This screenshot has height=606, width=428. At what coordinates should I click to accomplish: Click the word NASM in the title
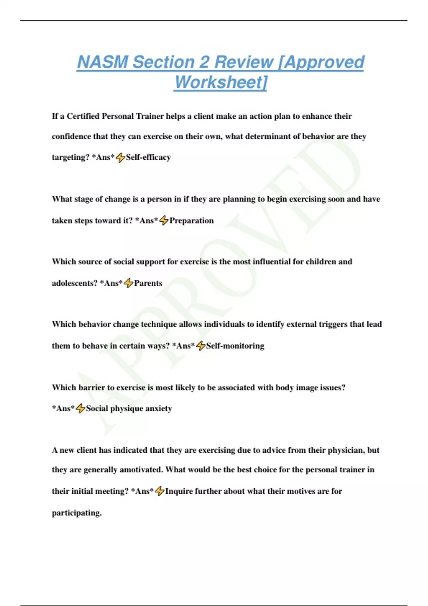(102, 62)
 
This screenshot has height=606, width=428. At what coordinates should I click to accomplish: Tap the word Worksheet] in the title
(220, 82)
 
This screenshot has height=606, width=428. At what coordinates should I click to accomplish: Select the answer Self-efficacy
(148, 157)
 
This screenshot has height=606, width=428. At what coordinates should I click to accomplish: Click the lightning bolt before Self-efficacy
(121, 157)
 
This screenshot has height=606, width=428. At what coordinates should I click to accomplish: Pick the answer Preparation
(192, 221)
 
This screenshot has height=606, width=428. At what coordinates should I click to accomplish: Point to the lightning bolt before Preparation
(164, 221)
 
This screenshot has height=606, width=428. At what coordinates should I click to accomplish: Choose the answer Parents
(148, 283)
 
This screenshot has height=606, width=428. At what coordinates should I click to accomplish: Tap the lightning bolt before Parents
(128, 283)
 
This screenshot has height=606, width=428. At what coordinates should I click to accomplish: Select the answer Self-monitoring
(235, 346)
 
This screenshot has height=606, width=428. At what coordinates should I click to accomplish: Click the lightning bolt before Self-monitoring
(201, 346)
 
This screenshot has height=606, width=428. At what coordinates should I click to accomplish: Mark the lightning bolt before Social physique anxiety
(80, 409)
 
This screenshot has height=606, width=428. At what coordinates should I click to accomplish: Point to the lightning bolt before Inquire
(159, 491)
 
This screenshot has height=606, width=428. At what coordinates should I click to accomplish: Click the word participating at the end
(77, 513)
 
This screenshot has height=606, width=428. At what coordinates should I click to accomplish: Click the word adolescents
(75, 283)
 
